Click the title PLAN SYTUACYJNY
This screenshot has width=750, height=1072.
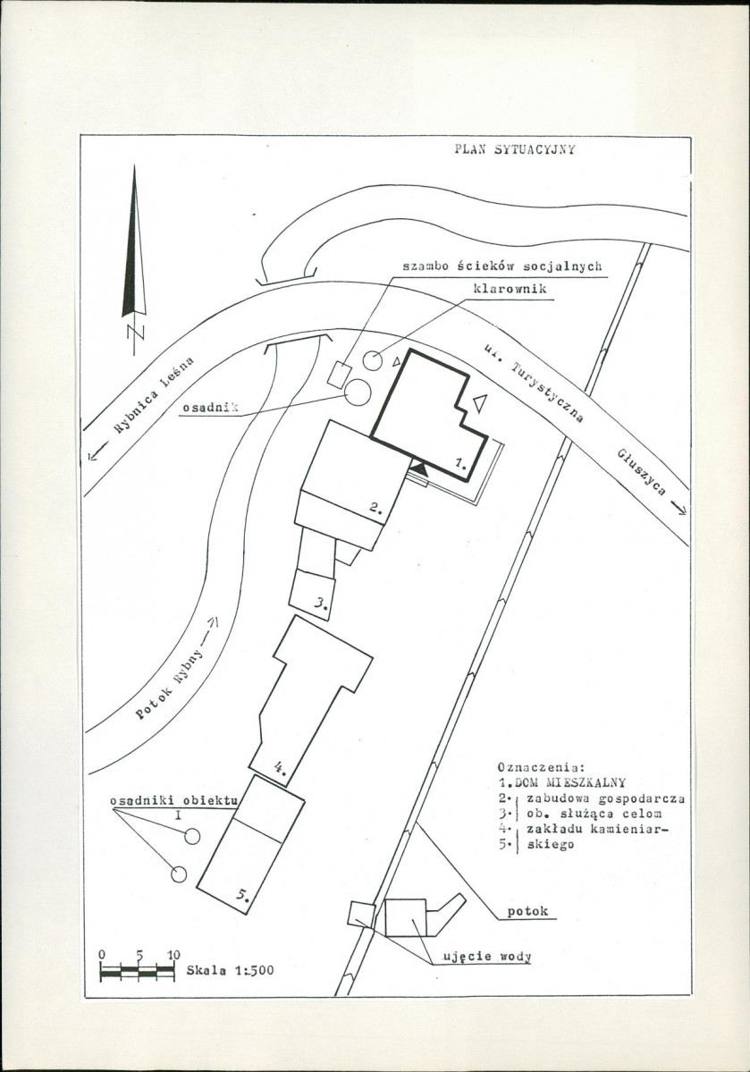515,149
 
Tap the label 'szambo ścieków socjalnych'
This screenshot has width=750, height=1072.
501,266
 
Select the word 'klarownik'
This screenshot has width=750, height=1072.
510,289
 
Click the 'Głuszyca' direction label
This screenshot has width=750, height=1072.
641,471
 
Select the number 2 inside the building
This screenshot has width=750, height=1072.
375,507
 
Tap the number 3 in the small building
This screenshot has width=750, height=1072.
322,603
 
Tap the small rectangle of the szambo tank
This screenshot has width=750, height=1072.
339,374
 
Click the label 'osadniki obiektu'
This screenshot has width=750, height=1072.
173,800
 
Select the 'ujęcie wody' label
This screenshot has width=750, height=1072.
487,957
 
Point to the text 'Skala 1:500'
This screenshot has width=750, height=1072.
230,970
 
